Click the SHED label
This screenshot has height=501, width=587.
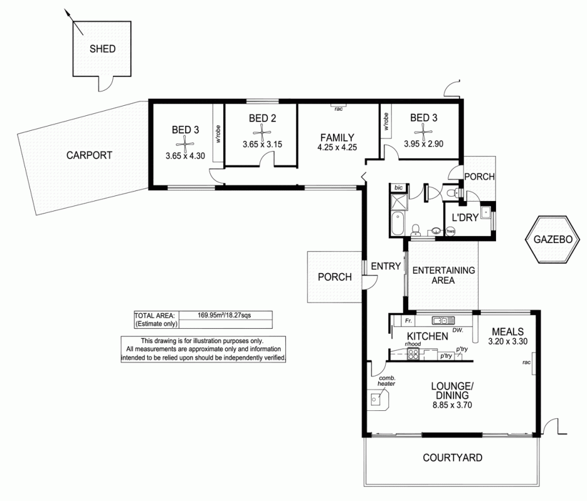pyautogui.click(x=102, y=49)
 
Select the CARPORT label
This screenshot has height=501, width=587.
pyautogui.click(x=89, y=155)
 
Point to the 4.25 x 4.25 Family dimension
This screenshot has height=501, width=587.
pyautogui.click(x=337, y=148)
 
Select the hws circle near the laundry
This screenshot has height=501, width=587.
pyautogui.click(x=450, y=231)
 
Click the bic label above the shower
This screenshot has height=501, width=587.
pyautogui.click(x=398, y=187)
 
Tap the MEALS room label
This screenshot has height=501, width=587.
pyautogui.click(x=507, y=331)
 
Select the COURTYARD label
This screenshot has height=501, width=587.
pyautogui.click(x=452, y=458)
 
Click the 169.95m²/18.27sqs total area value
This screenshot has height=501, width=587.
pyautogui.click(x=225, y=315)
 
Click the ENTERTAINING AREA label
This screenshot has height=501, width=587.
pyautogui.click(x=443, y=276)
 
